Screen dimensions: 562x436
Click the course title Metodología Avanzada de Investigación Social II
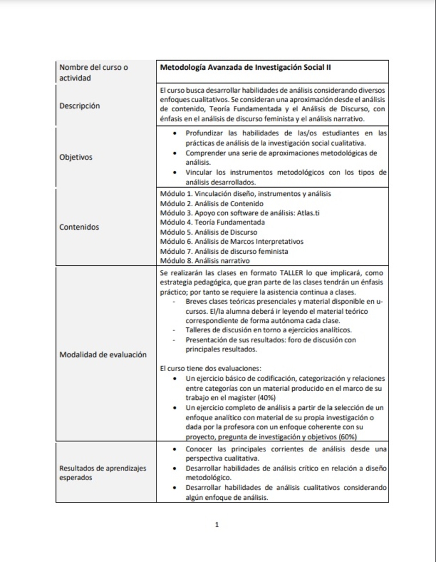pos(246,68)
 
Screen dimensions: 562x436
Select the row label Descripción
pos(80,106)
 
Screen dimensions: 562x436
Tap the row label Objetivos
pos(76,157)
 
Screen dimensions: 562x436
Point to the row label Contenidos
pos(79,227)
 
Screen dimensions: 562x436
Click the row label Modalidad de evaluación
pos(103,355)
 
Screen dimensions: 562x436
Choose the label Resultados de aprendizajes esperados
pos(103,473)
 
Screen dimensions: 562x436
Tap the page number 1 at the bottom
pos(217,525)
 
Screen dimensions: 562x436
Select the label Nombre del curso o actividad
pos(94,73)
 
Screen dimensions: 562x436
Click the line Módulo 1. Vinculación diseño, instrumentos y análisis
pos(245,193)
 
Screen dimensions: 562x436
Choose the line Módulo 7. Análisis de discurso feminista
pos(224,251)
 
